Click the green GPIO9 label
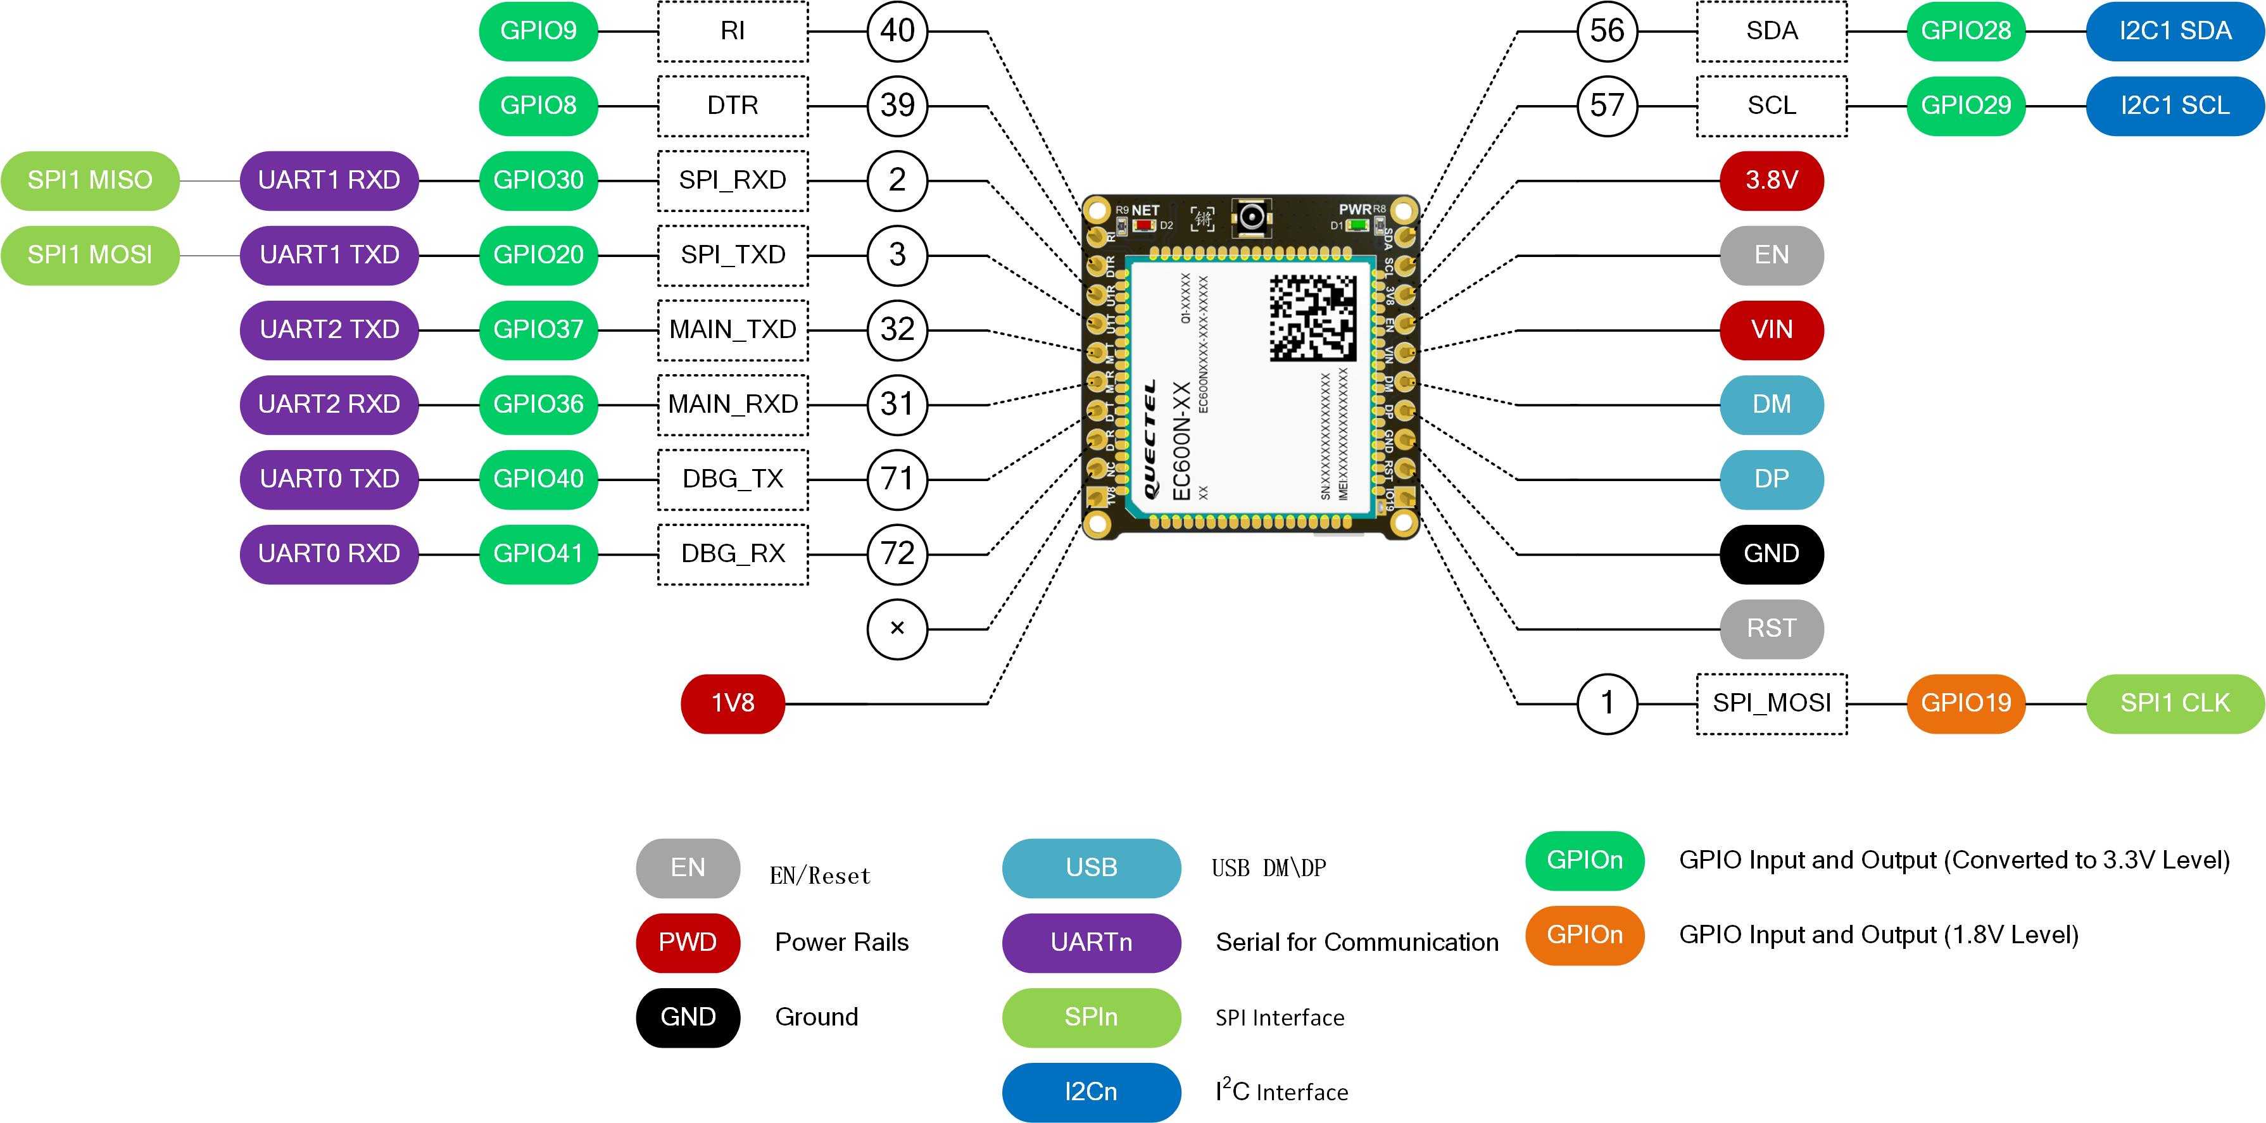(x=538, y=32)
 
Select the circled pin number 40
(x=897, y=32)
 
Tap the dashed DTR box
(x=733, y=106)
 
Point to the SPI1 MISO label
(x=90, y=181)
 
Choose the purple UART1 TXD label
(x=329, y=256)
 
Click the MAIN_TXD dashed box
(x=733, y=330)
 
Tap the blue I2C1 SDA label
(x=2175, y=32)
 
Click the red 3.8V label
(x=1772, y=181)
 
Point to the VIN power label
(x=1772, y=330)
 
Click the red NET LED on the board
(x=1143, y=226)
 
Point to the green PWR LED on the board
(x=1357, y=226)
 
